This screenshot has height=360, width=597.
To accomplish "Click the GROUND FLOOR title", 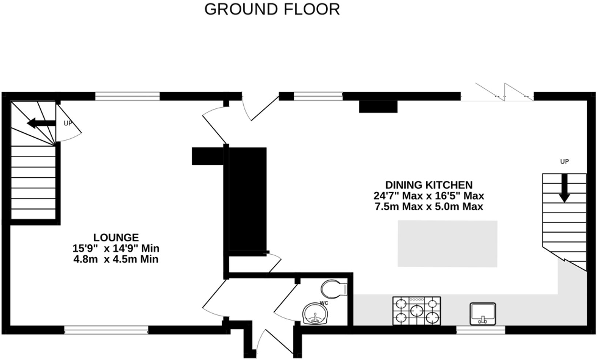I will (272, 10).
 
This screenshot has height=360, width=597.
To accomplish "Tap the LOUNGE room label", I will (116, 237).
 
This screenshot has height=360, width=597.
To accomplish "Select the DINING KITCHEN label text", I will (429, 185).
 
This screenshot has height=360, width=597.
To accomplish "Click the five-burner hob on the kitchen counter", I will (417, 311).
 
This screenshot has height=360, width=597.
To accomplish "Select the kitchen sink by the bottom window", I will (483, 314).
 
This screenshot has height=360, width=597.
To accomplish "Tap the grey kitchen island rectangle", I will (447, 243).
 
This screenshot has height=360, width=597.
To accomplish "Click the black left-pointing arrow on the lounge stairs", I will (41, 124).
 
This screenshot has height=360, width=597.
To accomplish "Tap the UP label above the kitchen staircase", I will (564, 161).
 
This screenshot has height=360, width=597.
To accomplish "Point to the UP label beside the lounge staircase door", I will (68, 123).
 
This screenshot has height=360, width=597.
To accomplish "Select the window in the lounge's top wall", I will (127, 96).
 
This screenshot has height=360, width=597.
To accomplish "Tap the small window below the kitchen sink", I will (481, 330).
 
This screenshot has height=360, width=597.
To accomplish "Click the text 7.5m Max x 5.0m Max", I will (429, 207).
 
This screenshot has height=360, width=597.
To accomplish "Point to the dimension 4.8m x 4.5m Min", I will (116, 259).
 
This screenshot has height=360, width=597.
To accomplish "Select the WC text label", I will (324, 303).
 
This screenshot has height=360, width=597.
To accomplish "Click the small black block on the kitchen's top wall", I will (378, 106).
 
